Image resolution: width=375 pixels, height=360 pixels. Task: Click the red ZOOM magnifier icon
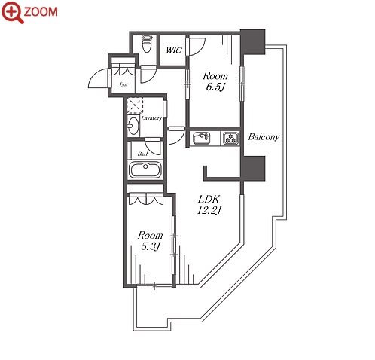click(13, 13)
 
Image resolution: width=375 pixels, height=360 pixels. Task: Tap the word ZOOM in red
click(41, 12)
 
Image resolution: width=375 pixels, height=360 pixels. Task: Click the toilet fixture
click(147, 44)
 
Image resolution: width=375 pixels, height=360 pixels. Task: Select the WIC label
click(174, 50)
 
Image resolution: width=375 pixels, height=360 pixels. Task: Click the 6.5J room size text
click(215, 87)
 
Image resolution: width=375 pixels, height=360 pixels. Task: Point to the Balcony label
click(264, 137)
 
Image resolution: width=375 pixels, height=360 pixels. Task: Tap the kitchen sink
click(202, 139)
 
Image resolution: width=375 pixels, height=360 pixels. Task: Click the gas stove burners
click(231, 139)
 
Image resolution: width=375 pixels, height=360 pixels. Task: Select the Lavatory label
click(151, 118)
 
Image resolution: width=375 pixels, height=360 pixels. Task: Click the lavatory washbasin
click(133, 126)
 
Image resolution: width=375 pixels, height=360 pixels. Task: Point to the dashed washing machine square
click(135, 105)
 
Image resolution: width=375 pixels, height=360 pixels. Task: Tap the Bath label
click(143, 154)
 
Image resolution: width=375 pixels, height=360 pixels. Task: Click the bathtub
click(145, 170)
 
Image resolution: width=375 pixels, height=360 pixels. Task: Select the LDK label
click(209, 200)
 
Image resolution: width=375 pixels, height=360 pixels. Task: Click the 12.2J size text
click(209, 210)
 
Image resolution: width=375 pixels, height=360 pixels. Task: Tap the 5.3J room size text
click(151, 246)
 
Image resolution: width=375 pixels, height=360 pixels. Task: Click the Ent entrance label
click(123, 84)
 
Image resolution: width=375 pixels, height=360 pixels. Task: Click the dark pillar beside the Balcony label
click(253, 168)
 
